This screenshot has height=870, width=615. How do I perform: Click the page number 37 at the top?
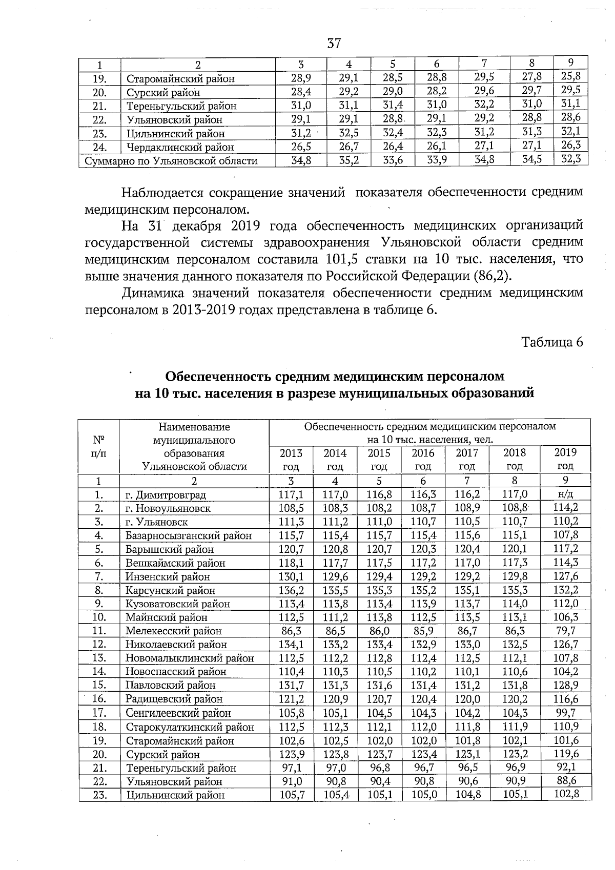tap(334, 43)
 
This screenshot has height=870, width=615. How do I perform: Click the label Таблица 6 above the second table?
tap(552, 342)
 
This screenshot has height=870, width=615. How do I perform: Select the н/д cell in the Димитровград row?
tap(565, 494)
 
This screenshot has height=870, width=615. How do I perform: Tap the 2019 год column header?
tap(565, 459)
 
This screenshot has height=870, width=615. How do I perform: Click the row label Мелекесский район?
tap(174, 631)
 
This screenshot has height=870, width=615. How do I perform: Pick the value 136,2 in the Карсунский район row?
tap(291, 590)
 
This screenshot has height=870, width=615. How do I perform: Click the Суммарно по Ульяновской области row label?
tap(171, 161)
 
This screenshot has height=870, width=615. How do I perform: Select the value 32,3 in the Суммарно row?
tap(570, 159)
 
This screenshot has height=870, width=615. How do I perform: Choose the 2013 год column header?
tap(291, 459)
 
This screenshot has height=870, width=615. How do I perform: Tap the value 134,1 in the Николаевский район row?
tap(291, 644)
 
